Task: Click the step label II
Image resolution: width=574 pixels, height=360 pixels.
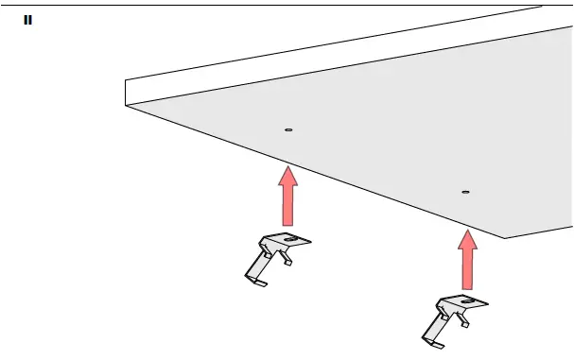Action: tap(27, 19)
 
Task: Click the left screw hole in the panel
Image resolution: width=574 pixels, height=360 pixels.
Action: tap(288, 129)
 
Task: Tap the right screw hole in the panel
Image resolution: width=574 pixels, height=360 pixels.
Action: tap(465, 192)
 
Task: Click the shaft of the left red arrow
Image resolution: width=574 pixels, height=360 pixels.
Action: tap(287, 203)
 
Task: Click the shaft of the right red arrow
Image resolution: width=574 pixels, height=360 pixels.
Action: tap(465, 268)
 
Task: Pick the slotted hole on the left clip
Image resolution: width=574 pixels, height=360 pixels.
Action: tap(291, 240)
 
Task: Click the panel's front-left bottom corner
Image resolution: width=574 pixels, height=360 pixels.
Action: tap(126, 106)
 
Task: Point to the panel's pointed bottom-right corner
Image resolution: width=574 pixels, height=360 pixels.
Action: tap(506, 237)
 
